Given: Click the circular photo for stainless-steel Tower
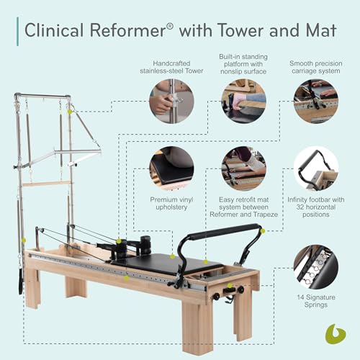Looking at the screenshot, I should (x=171, y=102).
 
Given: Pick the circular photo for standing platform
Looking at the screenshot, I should (x=243, y=102).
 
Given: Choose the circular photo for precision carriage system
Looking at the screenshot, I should (x=315, y=102).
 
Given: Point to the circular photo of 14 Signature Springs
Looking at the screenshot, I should (x=315, y=266).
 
